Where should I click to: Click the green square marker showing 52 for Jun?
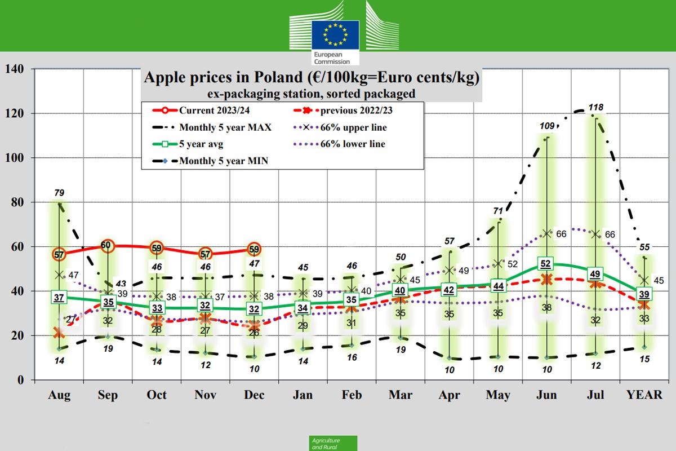(545, 264)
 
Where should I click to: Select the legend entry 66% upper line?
(353, 127)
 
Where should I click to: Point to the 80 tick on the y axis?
(17, 202)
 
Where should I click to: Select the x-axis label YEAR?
(644, 395)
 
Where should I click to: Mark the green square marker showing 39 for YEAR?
(644, 293)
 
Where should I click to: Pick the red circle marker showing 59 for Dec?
(254, 249)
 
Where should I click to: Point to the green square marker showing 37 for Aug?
(59, 298)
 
